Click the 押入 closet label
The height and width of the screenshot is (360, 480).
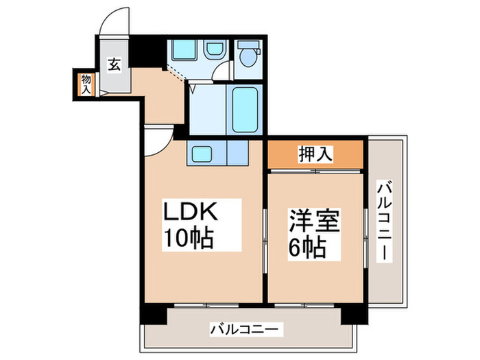(x=316, y=154)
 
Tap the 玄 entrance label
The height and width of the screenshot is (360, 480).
(x=115, y=65)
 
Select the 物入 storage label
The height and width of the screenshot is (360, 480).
(x=86, y=84)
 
